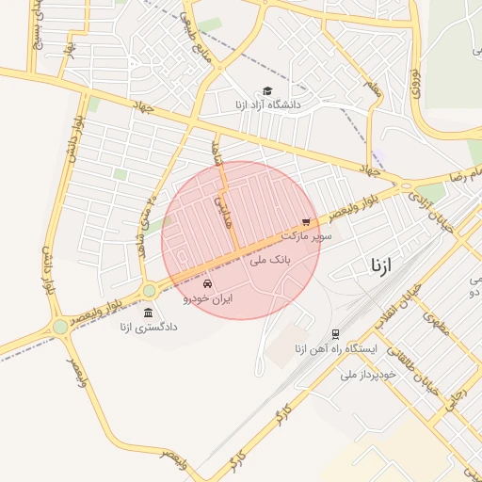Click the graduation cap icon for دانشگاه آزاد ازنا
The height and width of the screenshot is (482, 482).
tap(268, 91)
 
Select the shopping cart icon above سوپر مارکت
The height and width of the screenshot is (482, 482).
tap(304, 222)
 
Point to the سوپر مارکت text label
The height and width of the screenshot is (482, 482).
tap(311, 237)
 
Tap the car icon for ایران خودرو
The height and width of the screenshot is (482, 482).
tap(207, 284)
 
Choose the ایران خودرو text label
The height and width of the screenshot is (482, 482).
tap(207, 298)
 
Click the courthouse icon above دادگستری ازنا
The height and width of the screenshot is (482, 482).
tap(148, 313)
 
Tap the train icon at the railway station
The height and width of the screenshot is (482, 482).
tap(336, 334)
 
